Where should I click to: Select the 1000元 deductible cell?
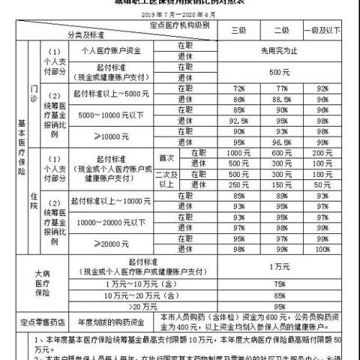(240, 152)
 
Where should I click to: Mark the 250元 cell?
(240, 184)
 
